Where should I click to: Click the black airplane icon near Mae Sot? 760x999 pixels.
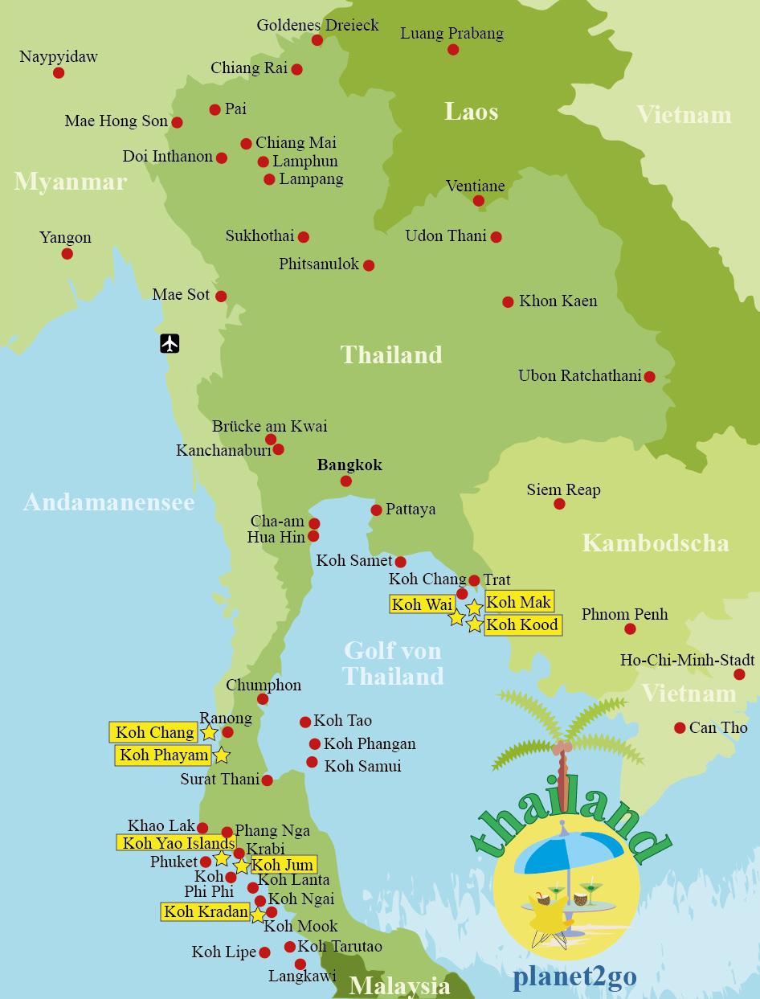(x=170, y=343)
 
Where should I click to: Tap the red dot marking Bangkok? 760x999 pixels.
(x=345, y=481)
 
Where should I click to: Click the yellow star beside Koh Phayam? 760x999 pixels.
(x=222, y=755)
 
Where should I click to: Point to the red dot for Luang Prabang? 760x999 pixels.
(x=453, y=50)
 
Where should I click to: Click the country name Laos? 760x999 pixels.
(x=472, y=112)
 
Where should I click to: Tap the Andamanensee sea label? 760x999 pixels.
(x=109, y=502)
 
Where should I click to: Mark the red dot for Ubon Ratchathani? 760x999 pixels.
(x=649, y=376)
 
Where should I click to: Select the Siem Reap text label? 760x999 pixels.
(x=563, y=489)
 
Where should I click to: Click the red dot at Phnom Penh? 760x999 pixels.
(x=630, y=628)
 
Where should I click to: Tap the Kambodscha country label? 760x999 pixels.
(x=655, y=542)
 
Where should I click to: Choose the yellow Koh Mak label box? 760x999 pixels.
(x=519, y=601)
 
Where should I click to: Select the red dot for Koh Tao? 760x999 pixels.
(x=305, y=722)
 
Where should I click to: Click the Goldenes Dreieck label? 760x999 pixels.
(x=317, y=25)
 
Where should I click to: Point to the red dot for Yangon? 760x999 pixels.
(x=67, y=254)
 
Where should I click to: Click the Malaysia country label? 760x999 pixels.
(x=399, y=985)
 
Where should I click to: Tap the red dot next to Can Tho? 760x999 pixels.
(x=680, y=727)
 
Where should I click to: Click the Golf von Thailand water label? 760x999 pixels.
(x=393, y=663)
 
